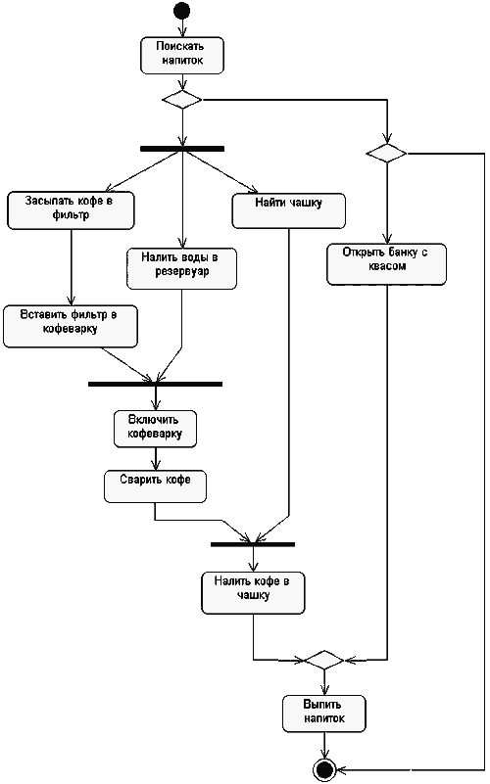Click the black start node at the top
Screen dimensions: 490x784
click(181, 10)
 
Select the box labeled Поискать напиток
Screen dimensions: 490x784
click(182, 56)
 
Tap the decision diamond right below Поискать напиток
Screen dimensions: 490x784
click(182, 100)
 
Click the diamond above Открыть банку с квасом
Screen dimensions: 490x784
click(386, 153)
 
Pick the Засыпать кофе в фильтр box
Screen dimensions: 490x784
click(71, 210)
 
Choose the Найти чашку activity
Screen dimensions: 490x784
click(289, 211)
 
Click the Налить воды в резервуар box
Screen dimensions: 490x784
click(181, 268)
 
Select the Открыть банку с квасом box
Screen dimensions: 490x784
click(386, 264)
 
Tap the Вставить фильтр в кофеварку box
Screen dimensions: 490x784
click(71, 327)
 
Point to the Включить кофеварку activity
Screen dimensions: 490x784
click(155, 429)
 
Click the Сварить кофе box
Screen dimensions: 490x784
click(155, 486)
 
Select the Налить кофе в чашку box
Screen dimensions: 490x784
click(253, 593)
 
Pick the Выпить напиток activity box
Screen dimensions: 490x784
click(324, 714)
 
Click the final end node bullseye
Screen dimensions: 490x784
click(324, 769)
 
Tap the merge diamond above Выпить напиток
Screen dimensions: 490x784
click(324, 660)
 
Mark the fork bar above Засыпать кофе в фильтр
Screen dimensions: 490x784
click(182, 149)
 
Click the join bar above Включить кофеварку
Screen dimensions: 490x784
click(155, 384)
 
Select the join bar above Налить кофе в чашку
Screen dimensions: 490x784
click(253, 544)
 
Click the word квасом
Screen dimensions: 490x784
click(387, 266)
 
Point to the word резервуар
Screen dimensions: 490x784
click(181, 272)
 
